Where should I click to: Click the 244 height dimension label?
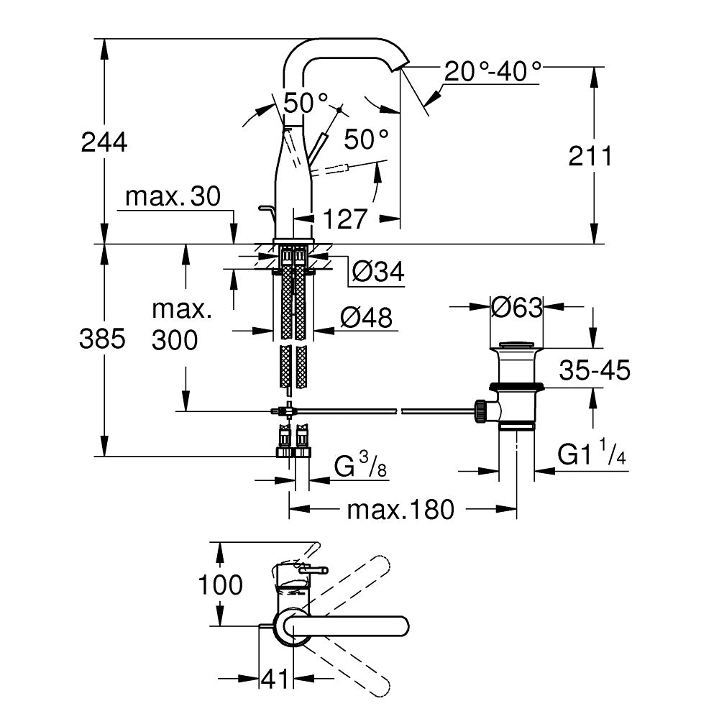pos(104,142)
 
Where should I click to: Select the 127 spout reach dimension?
pos(340,219)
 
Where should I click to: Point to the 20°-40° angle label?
pos(493,71)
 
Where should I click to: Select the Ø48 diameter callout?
pos(366,317)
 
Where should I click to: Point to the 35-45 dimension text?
pos(595,370)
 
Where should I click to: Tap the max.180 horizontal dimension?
pos(400,510)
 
